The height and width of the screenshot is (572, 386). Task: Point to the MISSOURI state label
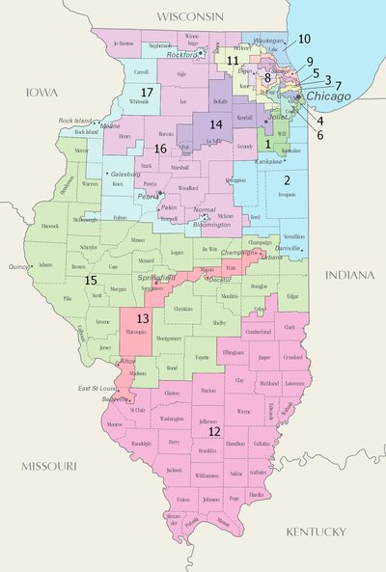point(47,466)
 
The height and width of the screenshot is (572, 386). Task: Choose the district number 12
point(214,431)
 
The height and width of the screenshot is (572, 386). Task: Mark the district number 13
point(142,318)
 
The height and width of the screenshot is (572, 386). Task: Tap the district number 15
point(90,280)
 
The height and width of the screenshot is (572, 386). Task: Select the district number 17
point(148,92)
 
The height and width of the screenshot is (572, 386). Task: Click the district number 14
point(216,124)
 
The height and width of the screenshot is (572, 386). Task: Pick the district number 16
point(159,149)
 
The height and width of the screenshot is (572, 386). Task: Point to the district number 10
point(303,39)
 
